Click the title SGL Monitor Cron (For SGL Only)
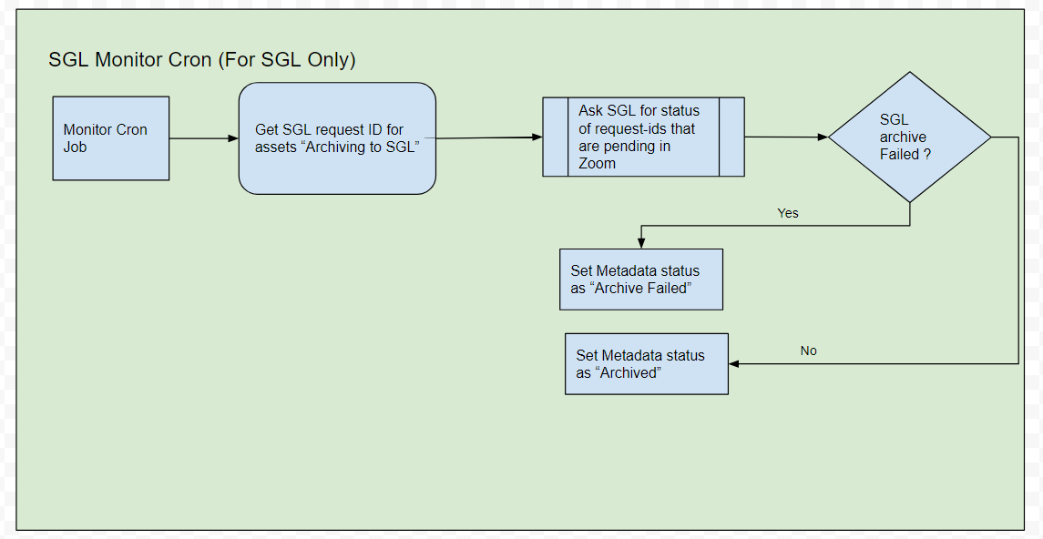[202, 60]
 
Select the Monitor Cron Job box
[111, 138]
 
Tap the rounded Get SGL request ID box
[337, 138]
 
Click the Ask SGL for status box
[643, 137]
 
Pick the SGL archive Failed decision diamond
[909, 137]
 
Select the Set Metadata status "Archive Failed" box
[641, 280]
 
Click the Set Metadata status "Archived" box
[647, 363]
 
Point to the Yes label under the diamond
[788, 213]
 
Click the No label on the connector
[808, 351]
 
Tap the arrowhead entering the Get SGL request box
[233, 138]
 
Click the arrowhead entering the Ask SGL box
[537, 137]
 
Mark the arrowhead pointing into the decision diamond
[823, 137]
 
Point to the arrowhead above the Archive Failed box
[641, 244]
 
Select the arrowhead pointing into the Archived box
[734, 363]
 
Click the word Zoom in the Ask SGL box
[598, 164]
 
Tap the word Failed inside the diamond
[898, 154]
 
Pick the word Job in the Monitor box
[76, 147]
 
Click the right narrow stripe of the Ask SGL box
[731, 137]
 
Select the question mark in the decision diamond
[926, 154]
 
